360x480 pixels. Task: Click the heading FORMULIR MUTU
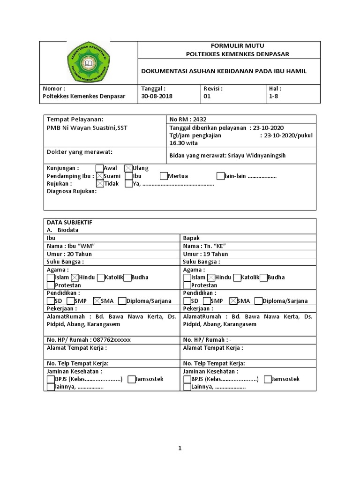pos(237,45)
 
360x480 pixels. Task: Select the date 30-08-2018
pos(157,96)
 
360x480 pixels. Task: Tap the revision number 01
pos(207,96)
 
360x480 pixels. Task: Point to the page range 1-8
pos(273,96)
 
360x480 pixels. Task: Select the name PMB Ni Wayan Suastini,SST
pos(87,128)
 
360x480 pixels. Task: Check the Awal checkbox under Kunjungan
pos(99,168)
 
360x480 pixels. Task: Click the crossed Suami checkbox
pos(99,176)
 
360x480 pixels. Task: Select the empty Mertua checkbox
pos(163,176)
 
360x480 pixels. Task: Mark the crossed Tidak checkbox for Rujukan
pos(99,184)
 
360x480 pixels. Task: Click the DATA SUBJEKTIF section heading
pos(69,222)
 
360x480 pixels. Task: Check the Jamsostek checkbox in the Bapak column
pos(267,379)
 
